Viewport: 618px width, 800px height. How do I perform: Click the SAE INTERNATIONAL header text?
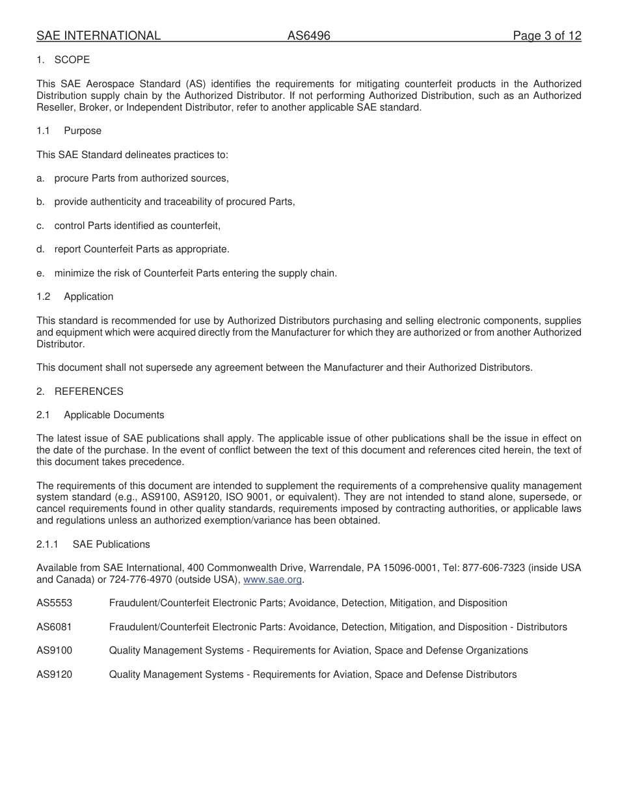point(98,36)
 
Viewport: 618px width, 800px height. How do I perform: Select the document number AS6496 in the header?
point(309,36)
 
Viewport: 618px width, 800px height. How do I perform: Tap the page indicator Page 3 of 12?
point(546,36)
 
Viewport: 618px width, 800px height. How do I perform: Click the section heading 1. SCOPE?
point(63,60)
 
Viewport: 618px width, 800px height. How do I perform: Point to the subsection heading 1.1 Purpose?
point(69,131)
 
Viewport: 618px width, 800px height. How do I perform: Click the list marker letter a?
point(40,178)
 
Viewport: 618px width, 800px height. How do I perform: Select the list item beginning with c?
point(129,226)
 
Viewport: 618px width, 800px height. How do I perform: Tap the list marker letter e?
point(40,273)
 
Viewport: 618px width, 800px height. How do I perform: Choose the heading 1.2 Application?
point(75,297)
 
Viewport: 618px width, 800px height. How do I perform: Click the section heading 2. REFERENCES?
point(80,392)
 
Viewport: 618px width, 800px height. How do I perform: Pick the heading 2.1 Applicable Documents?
point(100,415)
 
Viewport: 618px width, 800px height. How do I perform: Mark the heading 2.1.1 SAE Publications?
point(93,544)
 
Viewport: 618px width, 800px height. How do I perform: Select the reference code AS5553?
point(55,603)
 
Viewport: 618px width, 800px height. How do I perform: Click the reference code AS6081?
point(55,627)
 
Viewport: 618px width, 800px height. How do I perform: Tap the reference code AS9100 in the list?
point(55,650)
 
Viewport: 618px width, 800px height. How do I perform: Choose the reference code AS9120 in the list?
point(55,674)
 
